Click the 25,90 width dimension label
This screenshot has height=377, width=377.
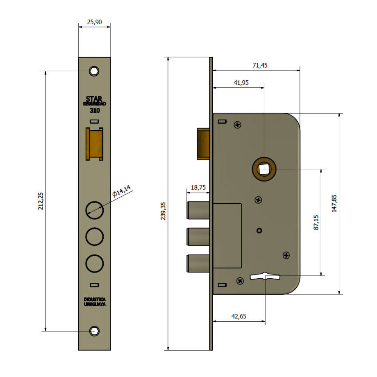(x=94, y=22)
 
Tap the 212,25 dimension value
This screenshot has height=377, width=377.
(x=41, y=201)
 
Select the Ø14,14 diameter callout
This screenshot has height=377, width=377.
(x=122, y=191)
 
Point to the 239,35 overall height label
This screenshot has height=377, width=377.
(x=163, y=211)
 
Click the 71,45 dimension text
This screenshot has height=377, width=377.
(x=260, y=65)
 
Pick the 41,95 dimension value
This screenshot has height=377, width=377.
(x=241, y=82)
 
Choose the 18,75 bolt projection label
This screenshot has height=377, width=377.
(x=198, y=187)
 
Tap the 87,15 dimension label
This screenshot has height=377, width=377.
(x=316, y=223)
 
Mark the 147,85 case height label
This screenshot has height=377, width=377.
(x=334, y=203)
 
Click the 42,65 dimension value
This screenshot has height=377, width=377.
(x=239, y=316)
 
